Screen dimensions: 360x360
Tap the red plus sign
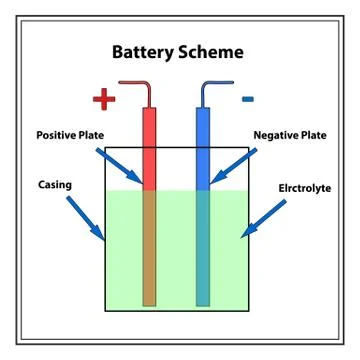(104, 99)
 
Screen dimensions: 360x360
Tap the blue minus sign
(247, 98)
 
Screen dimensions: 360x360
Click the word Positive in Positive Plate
(62, 134)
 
